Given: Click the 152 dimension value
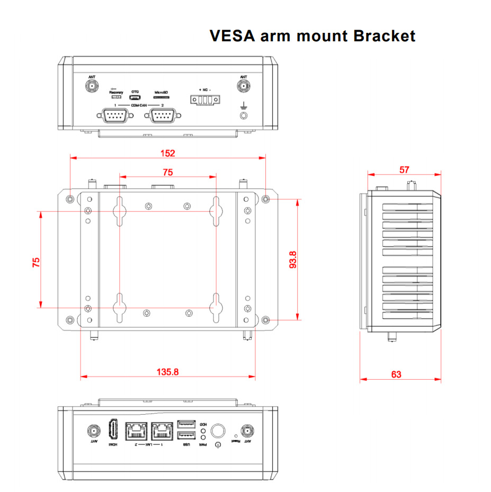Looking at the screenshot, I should (167, 153).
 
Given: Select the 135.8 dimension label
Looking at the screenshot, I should (167, 372).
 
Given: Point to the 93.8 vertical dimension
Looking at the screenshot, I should (292, 260).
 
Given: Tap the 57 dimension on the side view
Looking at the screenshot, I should (404, 169).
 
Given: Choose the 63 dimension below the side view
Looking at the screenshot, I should (396, 374).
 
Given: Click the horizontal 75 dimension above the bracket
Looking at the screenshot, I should (167, 172).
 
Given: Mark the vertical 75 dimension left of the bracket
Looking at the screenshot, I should (36, 263).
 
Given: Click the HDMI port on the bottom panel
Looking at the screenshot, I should (113, 428).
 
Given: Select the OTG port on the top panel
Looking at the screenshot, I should (136, 97).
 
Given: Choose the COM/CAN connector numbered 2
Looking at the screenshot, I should (163, 115).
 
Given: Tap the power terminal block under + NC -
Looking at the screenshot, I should (204, 100).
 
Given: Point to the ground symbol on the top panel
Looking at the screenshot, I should (244, 106).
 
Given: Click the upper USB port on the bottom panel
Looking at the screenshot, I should (186, 424).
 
